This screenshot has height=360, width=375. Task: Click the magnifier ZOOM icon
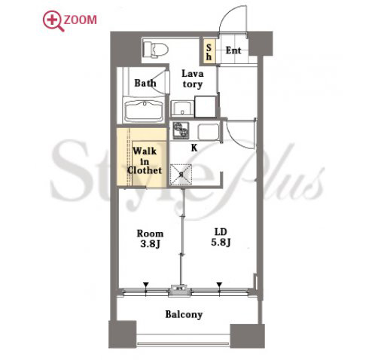tap(53, 21)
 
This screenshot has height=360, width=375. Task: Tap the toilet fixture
tap(155, 50)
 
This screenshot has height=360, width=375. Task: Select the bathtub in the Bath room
tap(144, 110)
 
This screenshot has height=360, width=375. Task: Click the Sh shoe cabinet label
tap(209, 52)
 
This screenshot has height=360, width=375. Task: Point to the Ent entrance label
tap(233, 50)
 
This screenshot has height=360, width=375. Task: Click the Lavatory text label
tap(193, 79)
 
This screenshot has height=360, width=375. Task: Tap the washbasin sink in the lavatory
tap(182, 108)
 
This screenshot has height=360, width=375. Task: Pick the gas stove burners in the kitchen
tap(181, 130)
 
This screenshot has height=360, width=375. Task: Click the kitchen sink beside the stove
tap(208, 132)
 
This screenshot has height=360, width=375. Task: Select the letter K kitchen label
tap(194, 148)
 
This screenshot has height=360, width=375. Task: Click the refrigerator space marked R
tap(181, 175)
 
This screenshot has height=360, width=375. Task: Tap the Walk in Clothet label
tap(145, 160)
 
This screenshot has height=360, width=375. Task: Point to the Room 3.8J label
tap(150, 239)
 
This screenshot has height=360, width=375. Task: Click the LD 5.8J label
tap(221, 237)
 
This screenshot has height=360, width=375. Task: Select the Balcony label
tap(184, 315)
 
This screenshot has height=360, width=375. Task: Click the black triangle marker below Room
tap(145, 285)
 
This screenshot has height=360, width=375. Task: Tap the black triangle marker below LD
tap(219, 285)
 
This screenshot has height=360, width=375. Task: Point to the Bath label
tap(145, 83)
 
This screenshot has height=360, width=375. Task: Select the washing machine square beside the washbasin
tap(206, 107)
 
